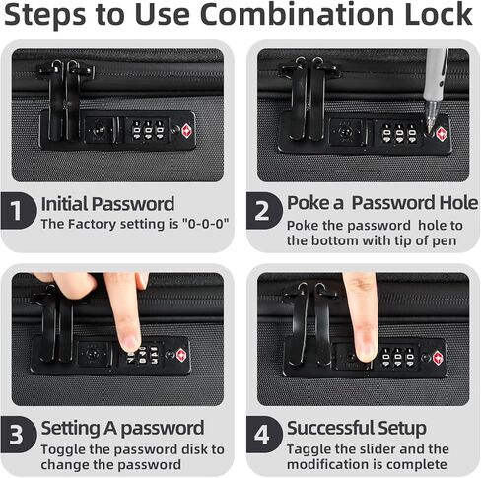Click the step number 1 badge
pyautogui.click(x=18, y=211)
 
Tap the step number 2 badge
pyautogui.click(x=264, y=211)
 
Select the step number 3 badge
pyautogui.click(x=18, y=435)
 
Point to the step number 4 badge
pyautogui.click(x=264, y=435)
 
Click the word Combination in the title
pyautogui.click(x=297, y=14)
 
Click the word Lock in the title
pyautogui.click(x=439, y=14)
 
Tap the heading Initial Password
pyautogui.click(x=107, y=204)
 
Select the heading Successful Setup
pyautogui.click(x=357, y=428)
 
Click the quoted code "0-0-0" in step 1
pyautogui.click(x=205, y=224)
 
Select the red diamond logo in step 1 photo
pyautogui.click(x=187, y=130)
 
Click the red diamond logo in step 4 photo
pyautogui.click(x=438, y=358)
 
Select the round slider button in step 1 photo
pyautogui.click(x=99, y=131)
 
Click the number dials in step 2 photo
pyautogui.click(x=399, y=134)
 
